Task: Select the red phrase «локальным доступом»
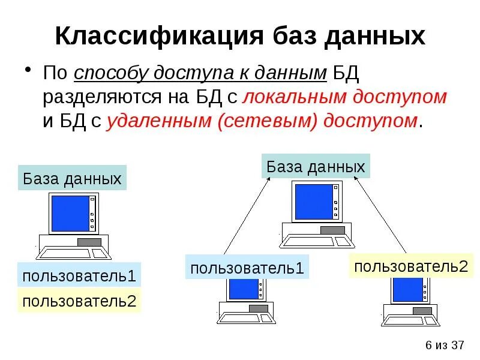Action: point(346,97)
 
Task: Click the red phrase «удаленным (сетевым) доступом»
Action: point(262,120)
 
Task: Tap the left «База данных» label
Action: point(72,178)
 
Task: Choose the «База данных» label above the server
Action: point(316,166)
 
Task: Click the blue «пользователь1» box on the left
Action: point(80,276)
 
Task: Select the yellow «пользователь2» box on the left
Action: point(80,301)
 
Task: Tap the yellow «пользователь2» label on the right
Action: point(411,266)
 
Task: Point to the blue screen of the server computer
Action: point(313,201)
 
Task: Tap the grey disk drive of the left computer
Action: point(89,242)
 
